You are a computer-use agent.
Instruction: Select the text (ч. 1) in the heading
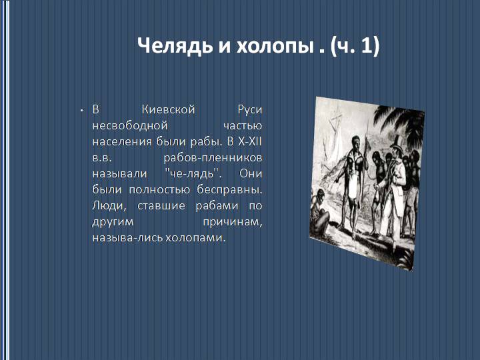point(354,46)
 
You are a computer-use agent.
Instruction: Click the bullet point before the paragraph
point(80,109)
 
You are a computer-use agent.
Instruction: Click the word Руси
point(249,109)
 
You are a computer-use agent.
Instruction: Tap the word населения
point(118,141)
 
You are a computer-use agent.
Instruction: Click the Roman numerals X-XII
point(249,141)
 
